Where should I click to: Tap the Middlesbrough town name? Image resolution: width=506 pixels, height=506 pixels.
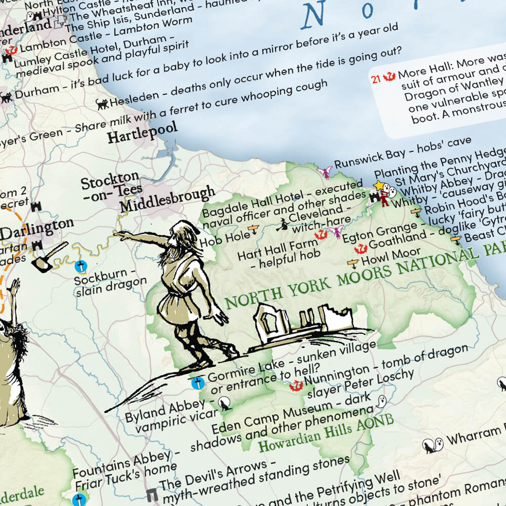click(x=167, y=200)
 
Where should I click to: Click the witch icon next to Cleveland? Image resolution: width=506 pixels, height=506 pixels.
click(x=281, y=225)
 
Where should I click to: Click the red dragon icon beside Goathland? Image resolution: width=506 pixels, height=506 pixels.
click(x=360, y=249)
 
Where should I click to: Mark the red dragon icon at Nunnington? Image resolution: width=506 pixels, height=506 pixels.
click(x=296, y=386)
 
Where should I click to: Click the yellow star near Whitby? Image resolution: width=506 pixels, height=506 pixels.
click(x=378, y=186)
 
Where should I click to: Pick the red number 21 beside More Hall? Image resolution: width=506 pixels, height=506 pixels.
click(x=375, y=78)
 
